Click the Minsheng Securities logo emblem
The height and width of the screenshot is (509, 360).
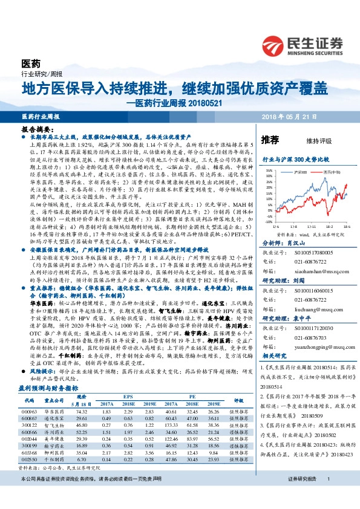[x=274, y=45]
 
